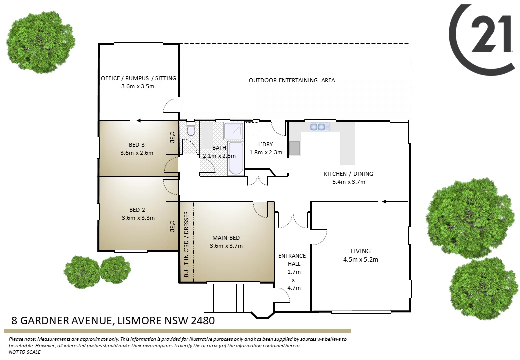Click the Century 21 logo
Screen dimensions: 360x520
pos(482,38)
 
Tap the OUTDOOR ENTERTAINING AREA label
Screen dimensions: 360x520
pos(292,80)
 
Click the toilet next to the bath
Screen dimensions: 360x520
pos(190,131)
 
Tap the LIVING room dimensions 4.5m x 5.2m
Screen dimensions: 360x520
pos(360,259)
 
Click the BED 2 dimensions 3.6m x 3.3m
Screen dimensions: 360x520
pos(138,217)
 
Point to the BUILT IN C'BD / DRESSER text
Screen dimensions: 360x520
pos(186,244)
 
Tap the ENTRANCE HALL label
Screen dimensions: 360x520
pos(292,259)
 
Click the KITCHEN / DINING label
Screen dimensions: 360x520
pos(348,174)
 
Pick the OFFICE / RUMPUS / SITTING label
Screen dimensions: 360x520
pos(138,78)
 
